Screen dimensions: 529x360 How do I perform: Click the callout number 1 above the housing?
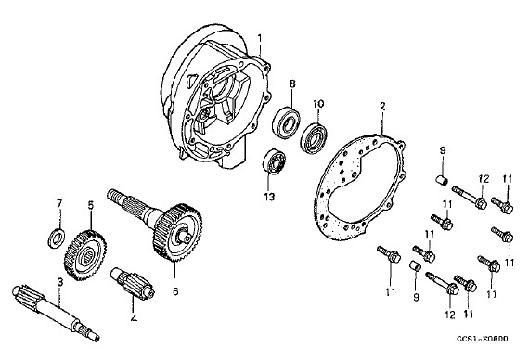[260, 38]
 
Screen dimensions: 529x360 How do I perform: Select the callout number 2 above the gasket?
[382, 107]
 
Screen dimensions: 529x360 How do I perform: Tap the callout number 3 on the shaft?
[60, 282]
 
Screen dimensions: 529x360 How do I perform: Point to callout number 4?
[134, 318]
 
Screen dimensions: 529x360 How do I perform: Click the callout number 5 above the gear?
[90, 205]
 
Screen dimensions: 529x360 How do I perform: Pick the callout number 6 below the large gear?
[175, 291]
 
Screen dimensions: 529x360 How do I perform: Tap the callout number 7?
[59, 203]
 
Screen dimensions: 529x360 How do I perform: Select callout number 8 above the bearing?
[292, 84]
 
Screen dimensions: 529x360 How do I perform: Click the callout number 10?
[318, 103]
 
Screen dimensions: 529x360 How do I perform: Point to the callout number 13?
[269, 197]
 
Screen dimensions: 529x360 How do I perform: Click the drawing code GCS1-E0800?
[483, 339]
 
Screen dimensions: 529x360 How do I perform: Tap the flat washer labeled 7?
[57, 238]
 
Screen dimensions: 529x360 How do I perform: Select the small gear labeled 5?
[85, 255]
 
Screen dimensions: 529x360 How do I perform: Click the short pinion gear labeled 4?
[133, 282]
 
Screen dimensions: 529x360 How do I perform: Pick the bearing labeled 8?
[287, 123]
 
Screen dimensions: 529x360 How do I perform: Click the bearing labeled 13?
[275, 161]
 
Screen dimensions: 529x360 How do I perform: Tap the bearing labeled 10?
[313, 138]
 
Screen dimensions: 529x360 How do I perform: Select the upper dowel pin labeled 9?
[443, 180]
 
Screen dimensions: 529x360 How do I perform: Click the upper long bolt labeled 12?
[470, 198]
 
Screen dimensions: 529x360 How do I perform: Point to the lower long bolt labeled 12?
[443, 283]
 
